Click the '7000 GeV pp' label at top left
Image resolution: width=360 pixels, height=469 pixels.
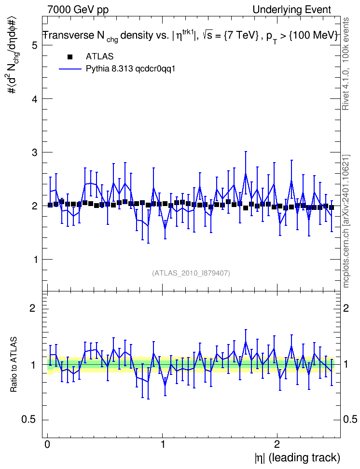click(78, 10)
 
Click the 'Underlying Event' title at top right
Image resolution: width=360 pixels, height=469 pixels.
click(292, 10)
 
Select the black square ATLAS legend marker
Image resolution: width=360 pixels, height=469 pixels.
click(70, 57)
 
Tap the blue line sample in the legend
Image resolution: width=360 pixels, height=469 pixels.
click(70, 69)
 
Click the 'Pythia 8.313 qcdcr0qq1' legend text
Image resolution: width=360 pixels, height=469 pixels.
click(130, 69)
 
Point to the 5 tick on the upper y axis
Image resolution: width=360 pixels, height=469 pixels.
click(36, 45)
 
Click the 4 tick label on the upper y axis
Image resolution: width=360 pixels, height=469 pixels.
click(36, 99)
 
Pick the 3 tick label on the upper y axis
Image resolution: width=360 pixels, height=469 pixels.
click(36, 152)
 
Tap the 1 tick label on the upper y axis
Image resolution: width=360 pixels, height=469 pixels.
click(36, 260)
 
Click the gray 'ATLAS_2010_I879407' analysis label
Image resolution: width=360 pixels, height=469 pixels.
click(191, 273)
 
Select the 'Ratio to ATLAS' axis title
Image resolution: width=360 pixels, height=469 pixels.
click(14, 364)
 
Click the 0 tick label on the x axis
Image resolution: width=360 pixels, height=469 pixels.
click(47, 444)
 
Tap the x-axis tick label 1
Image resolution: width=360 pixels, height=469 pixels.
click(162, 444)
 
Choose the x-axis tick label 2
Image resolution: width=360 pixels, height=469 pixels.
click(277, 444)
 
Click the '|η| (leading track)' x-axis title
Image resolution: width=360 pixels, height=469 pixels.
click(297, 458)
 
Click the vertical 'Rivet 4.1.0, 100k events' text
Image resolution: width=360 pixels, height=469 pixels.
click(346, 64)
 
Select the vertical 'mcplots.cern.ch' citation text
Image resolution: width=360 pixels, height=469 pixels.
click(346, 221)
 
